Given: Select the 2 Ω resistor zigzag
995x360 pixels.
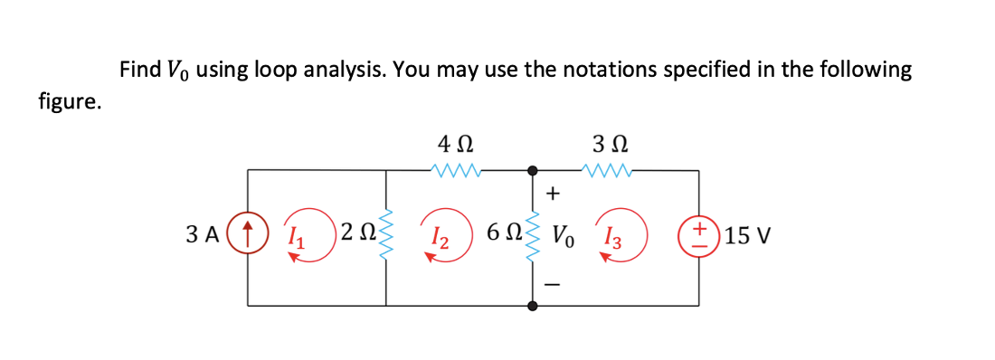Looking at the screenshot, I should coord(390,238).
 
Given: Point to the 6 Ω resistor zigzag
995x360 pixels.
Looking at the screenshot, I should coord(532,237).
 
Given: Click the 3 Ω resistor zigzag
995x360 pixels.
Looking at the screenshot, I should coord(611,169).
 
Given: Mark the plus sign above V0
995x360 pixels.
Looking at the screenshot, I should coord(554,193).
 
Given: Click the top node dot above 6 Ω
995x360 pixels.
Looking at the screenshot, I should coord(532,170).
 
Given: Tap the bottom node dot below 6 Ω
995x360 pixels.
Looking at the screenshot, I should coord(532,306).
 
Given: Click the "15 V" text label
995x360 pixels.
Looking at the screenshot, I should coord(747,236).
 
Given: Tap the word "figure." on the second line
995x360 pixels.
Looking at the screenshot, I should coord(70,101).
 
